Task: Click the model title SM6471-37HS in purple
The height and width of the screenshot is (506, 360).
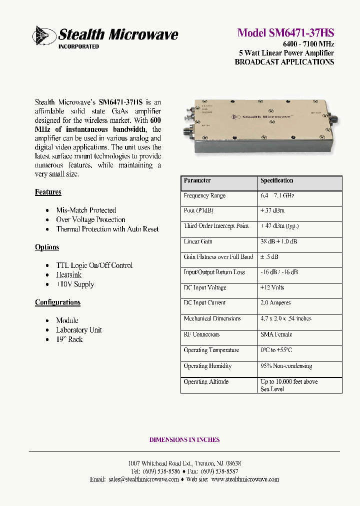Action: (285, 33)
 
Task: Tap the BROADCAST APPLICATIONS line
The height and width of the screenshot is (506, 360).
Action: (284, 62)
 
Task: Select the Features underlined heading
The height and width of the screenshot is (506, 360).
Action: (48, 192)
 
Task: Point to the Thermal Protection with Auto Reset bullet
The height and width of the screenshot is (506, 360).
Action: (107, 229)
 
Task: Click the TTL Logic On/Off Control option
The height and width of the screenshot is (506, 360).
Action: (94, 265)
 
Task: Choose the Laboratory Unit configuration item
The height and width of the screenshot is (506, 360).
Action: (79, 330)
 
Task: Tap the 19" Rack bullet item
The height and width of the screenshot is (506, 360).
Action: (69, 339)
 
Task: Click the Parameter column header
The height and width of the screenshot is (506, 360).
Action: (197, 180)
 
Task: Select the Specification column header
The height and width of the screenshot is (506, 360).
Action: (276, 180)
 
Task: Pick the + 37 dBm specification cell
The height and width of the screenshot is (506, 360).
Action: (273, 211)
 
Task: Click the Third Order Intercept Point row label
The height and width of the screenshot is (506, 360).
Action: (216, 226)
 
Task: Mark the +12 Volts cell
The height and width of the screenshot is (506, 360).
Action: (272, 287)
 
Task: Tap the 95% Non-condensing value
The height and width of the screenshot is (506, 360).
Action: (286, 366)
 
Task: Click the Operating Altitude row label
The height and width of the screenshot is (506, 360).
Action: (206, 381)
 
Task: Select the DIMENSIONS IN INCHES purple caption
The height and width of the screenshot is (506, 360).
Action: (184, 440)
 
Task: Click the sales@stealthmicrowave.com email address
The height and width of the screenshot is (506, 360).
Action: (143, 479)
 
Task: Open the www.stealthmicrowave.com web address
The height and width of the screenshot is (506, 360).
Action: (245, 479)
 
